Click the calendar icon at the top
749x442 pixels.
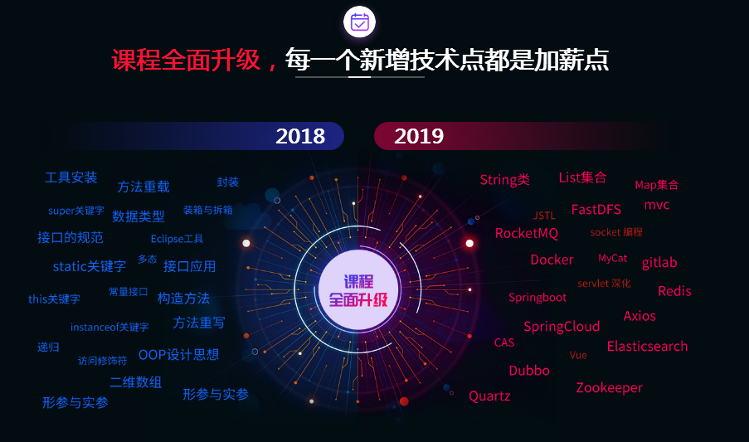[359, 22]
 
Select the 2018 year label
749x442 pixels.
[300, 136]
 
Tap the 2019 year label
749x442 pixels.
[419, 136]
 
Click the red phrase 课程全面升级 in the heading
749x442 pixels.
[187, 61]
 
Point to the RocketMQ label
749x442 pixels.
[527, 233]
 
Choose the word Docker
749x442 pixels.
[552, 260]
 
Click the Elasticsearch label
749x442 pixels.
[647, 346]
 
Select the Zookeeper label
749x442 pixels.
[609, 387]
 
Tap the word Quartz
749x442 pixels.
[489, 396]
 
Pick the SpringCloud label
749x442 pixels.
[562, 327]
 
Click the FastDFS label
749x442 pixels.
[596, 210]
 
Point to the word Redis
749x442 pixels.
[674, 291]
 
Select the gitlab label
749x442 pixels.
[659, 263]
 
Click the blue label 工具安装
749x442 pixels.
[71, 177]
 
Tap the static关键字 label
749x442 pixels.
[90, 266]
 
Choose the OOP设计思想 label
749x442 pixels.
[178, 355]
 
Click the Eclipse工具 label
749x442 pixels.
[177, 239]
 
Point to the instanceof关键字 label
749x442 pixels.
[109, 327]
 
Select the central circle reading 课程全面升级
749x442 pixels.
[358, 290]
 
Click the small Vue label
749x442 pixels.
[578, 355]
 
